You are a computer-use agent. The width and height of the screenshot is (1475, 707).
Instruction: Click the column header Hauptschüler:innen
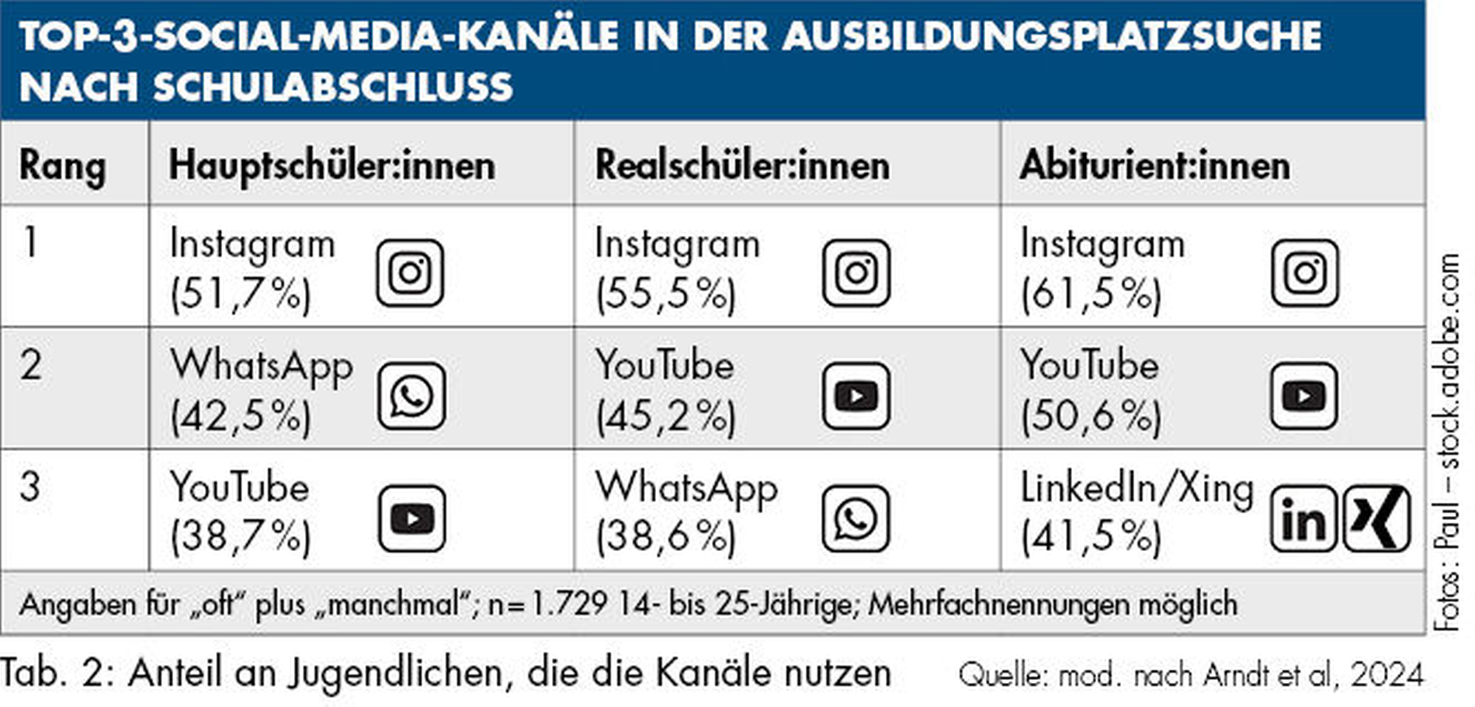tap(331, 165)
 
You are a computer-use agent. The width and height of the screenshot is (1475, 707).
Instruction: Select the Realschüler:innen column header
tap(742, 165)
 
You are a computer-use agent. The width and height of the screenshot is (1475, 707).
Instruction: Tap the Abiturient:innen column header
tap(1154, 165)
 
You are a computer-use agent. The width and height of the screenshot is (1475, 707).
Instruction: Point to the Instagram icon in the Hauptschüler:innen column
tap(411, 272)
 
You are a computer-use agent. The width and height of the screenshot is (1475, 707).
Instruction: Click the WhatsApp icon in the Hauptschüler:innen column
tap(411, 396)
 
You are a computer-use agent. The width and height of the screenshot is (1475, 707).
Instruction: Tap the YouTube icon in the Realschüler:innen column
tap(855, 396)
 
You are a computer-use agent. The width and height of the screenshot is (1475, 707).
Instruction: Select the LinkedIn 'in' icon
tap(1303, 518)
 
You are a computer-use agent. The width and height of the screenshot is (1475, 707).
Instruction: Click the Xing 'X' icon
tap(1376, 518)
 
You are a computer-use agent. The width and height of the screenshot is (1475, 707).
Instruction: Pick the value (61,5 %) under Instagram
tap(1091, 294)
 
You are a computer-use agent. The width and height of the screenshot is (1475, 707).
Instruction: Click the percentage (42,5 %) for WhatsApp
tap(240, 417)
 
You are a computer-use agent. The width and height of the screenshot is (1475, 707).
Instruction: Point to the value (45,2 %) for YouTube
tap(665, 417)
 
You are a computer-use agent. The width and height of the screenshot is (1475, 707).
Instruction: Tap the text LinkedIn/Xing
tap(1137, 488)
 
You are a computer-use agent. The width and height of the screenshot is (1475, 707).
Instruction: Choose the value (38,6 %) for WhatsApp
tap(665, 536)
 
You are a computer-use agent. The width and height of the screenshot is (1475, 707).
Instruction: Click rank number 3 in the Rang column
tap(30, 487)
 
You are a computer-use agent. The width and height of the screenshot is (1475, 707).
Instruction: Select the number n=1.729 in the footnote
tap(547, 604)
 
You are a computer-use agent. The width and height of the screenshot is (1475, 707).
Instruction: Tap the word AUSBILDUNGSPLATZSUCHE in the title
tap(1052, 36)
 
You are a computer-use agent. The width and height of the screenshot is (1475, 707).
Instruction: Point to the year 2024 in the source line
tap(1386, 674)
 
